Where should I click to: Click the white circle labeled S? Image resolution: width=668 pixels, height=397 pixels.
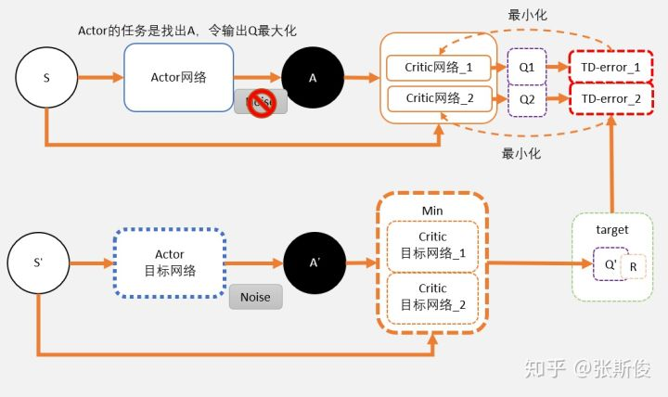point(46,77)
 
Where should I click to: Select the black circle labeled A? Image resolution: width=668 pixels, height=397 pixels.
point(313,77)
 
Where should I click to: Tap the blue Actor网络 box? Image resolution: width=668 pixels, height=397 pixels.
point(177,77)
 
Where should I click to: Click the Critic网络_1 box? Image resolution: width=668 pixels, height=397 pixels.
point(439,68)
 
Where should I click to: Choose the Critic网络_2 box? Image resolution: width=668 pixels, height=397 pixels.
point(439,98)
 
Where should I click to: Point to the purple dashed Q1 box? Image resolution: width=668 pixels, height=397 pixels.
point(527,68)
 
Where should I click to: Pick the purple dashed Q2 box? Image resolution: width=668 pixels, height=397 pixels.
point(527,98)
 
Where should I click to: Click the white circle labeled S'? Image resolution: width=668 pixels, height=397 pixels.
point(39,263)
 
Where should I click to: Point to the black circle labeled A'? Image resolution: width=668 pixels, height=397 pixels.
point(315,263)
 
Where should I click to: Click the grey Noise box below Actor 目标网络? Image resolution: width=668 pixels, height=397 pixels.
point(255,298)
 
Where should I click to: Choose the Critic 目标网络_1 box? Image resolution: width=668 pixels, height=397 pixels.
point(432,245)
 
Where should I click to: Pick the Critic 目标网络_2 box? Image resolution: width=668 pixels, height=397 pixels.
point(432,296)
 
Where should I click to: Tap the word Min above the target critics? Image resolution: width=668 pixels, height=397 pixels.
point(432,211)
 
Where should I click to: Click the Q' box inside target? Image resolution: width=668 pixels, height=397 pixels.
point(610,263)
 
